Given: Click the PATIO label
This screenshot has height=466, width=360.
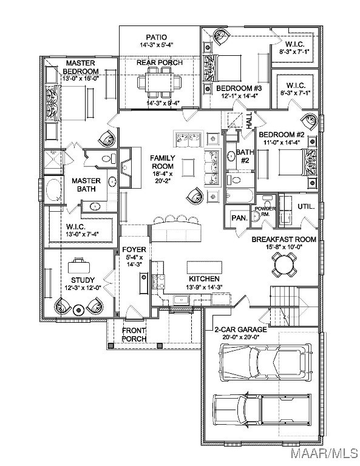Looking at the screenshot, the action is (x=157, y=37).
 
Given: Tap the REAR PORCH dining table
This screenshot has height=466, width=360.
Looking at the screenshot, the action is (x=159, y=83).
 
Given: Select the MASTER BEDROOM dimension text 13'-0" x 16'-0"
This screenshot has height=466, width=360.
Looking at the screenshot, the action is (x=81, y=78).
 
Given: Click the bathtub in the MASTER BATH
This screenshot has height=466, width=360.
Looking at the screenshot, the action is (x=54, y=190).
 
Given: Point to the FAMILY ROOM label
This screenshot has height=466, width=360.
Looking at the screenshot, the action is (x=162, y=162).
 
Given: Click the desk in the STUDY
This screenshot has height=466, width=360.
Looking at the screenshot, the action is (x=79, y=266).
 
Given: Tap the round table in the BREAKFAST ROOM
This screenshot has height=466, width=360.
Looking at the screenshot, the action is (x=284, y=265).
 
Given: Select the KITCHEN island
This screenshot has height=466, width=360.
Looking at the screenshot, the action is (x=205, y=268).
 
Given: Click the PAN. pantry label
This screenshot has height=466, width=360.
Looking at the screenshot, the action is (x=240, y=218).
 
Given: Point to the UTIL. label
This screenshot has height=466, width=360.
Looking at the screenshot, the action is (x=306, y=206).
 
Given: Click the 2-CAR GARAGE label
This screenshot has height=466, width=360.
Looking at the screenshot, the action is (x=241, y=329).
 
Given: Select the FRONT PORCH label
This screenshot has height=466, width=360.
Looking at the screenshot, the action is (x=134, y=335).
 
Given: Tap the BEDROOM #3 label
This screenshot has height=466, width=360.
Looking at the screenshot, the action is (x=239, y=88).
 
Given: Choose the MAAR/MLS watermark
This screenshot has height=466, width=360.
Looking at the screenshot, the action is (x=325, y=453).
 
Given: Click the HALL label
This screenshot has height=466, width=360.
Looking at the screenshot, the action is (x=249, y=120).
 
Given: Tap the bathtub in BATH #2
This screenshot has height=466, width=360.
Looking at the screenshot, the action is (x=240, y=196).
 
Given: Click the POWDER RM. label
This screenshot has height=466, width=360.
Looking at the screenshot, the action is (x=265, y=211).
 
